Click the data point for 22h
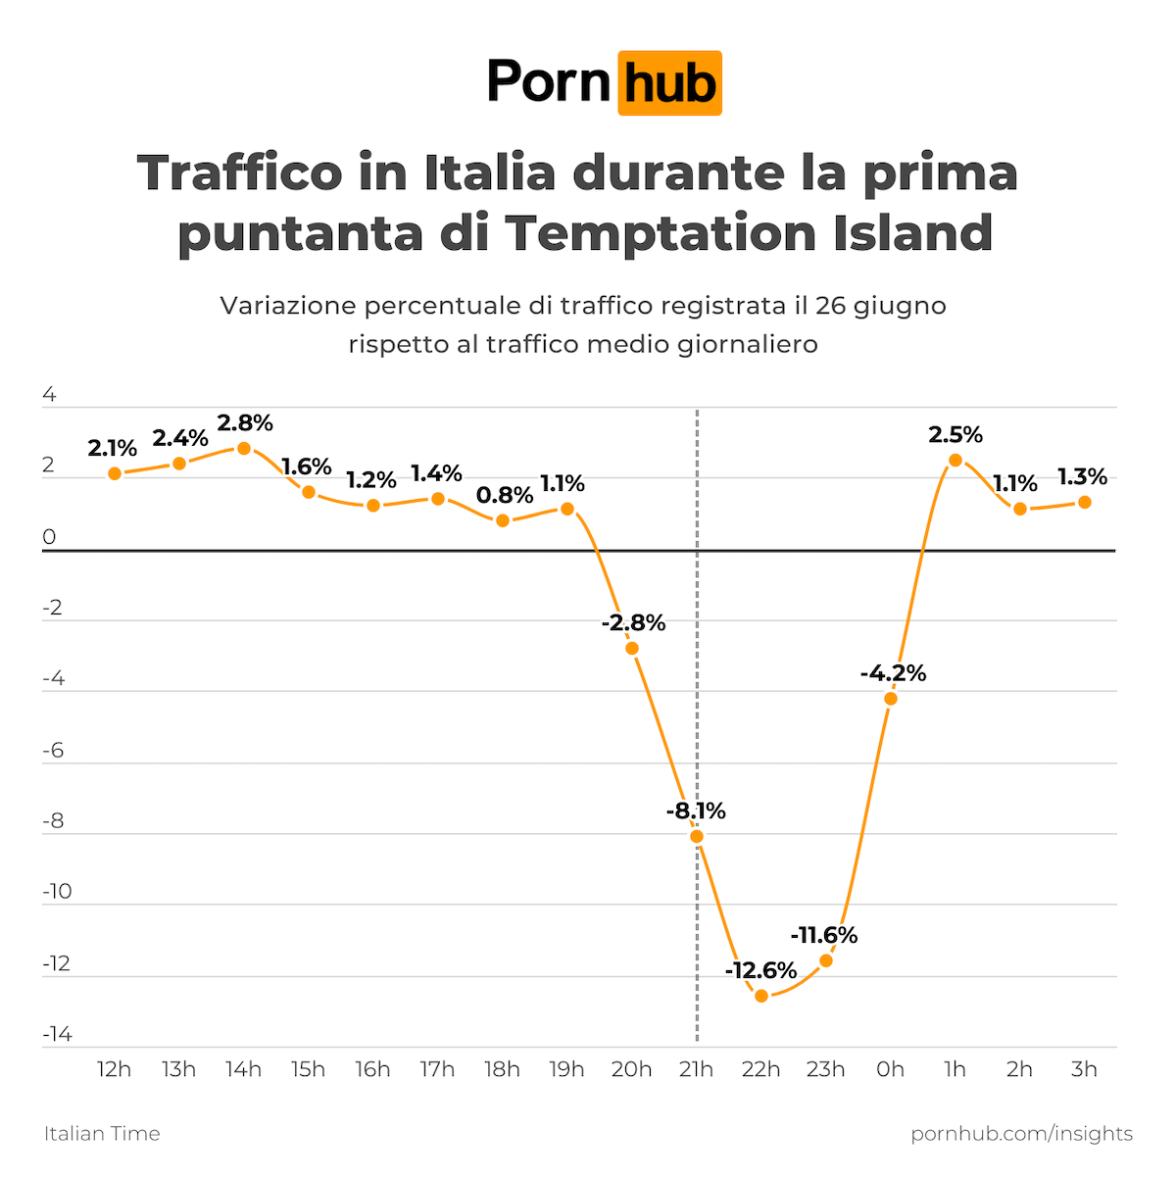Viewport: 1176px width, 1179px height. [x=761, y=996]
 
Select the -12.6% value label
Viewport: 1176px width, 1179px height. [x=760, y=970]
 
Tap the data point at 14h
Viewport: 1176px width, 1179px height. [x=244, y=448]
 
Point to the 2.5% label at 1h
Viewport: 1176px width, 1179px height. [x=955, y=434]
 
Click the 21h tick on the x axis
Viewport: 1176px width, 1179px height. [x=696, y=1068]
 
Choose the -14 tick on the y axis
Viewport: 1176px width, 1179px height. [x=57, y=1034]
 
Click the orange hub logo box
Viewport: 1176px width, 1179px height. [x=669, y=83]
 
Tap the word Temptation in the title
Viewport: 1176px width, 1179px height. [x=661, y=233]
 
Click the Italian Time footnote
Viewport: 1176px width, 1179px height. [x=102, y=1134]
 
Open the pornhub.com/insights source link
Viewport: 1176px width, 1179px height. [x=1021, y=1134]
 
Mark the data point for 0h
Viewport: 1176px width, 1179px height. [x=891, y=698]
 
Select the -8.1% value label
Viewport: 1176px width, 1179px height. [x=696, y=811]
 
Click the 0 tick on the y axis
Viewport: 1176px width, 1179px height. [x=49, y=537]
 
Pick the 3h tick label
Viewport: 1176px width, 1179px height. [x=1084, y=1068]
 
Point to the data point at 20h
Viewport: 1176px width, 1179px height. [x=632, y=648]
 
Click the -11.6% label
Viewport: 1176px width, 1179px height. [x=823, y=935]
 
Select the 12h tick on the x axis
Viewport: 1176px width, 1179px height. [x=114, y=1068]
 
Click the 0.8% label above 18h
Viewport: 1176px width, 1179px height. [x=505, y=495]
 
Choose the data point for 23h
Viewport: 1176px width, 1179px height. [x=826, y=960]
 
